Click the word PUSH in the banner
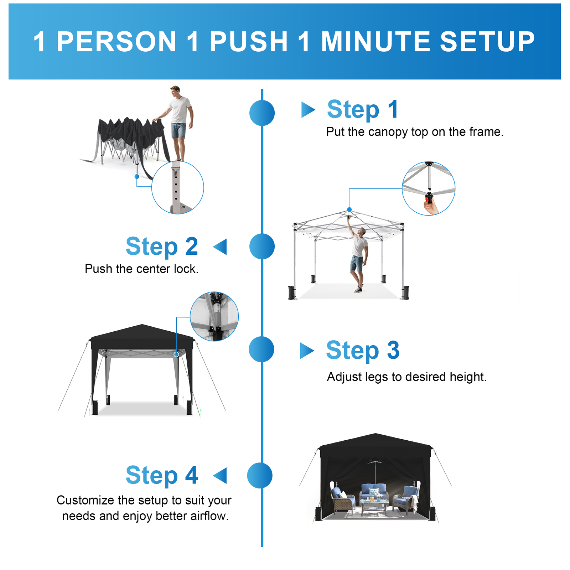(x=249, y=42)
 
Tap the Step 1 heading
(x=363, y=109)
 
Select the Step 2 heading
(x=162, y=247)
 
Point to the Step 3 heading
(x=363, y=351)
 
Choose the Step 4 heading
(x=162, y=476)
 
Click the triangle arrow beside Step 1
(x=308, y=110)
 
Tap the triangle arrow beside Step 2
(x=220, y=247)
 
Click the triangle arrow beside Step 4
(x=220, y=476)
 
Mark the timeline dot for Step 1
(x=262, y=113)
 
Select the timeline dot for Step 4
(x=260, y=476)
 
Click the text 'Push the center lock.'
(x=141, y=269)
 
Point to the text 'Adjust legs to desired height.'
(x=407, y=377)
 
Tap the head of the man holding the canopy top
(x=175, y=91)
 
